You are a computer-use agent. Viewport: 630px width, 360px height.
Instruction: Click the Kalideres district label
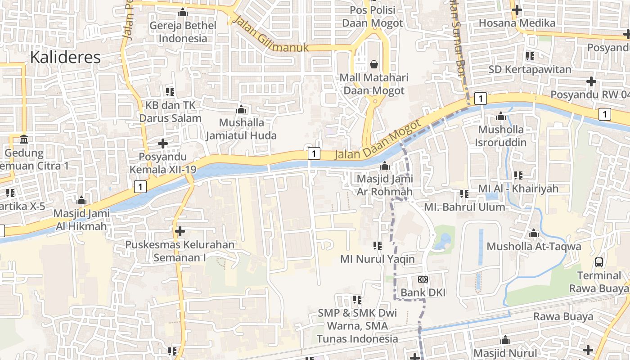(x=66, y=57)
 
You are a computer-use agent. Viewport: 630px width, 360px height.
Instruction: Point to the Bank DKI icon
(x=423, y=279)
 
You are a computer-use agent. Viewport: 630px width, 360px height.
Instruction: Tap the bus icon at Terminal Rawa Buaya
(x=599, y=262)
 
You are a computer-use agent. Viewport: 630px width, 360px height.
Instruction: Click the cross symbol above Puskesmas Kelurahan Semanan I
(x=180, y=231)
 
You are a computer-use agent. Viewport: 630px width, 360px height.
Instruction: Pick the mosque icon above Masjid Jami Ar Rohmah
(x=384, y=166)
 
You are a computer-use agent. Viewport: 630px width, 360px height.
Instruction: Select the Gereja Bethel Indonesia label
(x=183, y=32)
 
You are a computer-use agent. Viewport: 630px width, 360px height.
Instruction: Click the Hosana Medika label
(x=517, y=23)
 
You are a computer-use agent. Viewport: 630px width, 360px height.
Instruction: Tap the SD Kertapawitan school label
(x=530, y=70)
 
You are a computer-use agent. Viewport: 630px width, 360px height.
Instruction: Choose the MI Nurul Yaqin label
(x=377, y=259)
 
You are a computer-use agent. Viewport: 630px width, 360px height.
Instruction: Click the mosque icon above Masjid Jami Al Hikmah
(x=81, y=200)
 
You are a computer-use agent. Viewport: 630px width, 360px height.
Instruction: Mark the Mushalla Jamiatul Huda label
(x=241, y=129)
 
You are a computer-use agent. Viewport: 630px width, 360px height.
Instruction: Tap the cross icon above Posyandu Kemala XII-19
(x=162, y=144)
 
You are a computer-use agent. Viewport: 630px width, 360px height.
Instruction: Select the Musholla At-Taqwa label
(x=534, y=247)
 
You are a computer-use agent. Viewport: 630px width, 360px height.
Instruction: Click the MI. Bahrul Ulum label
(x=465, y=207)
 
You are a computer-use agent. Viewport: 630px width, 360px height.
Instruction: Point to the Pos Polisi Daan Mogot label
(x=373, y=16)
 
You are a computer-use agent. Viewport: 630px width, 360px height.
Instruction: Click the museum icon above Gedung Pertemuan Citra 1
(x=24, y=139)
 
